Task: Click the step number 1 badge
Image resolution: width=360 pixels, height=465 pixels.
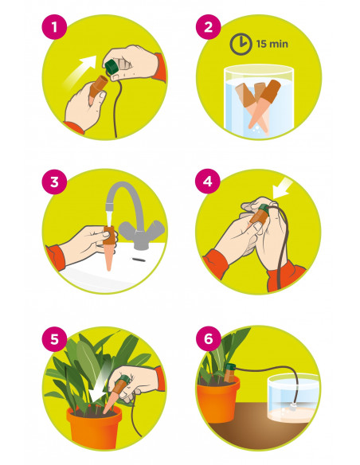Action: pos(54,27)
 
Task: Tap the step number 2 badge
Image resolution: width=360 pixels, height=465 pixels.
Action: pos(208,27)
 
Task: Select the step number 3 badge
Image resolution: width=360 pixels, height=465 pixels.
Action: pos(54,182)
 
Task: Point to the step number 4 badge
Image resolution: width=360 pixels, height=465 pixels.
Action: pos(208,182)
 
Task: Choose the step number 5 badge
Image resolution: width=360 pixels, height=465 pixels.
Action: pos(54,339)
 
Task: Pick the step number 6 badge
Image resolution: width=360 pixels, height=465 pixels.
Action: pos(208,338)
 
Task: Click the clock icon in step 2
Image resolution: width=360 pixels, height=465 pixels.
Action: pos(241,44)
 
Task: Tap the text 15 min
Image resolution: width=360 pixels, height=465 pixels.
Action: pos(272,44)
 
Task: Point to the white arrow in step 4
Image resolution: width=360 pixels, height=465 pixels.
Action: pos(284,188)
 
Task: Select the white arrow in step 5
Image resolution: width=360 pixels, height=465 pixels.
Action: pos(98,381)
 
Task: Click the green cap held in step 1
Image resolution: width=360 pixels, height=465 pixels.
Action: pos(112,67)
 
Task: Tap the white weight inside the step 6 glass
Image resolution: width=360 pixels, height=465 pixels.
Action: pos(294,408)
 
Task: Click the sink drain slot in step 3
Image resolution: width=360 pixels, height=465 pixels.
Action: pos(139,260)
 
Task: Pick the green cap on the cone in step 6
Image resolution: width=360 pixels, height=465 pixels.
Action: pos(230,367)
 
